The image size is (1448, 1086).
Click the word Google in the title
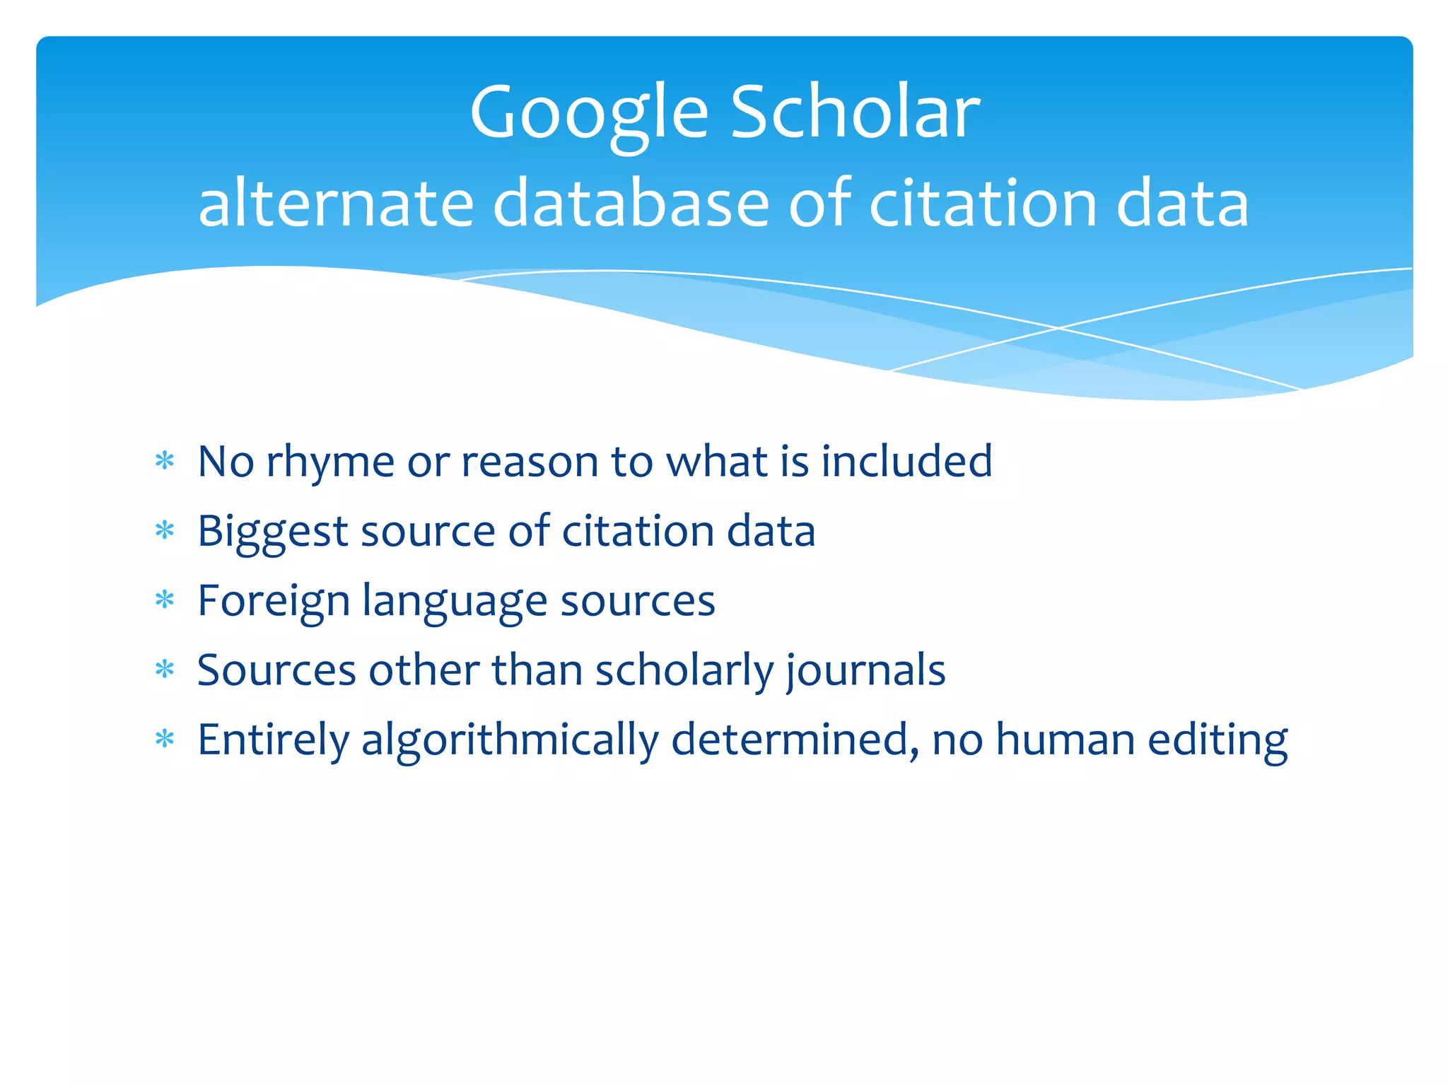588,113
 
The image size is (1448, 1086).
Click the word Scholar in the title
855,113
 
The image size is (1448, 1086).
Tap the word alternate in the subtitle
336,204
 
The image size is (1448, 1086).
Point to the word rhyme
329,463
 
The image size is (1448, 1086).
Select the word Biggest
272,532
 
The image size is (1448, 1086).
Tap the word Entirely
273,741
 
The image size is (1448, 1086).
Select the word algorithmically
510,741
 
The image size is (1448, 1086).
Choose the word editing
1218,741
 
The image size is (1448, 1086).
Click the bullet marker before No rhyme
165,462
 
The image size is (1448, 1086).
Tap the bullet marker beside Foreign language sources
165,600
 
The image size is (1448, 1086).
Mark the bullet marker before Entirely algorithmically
165,740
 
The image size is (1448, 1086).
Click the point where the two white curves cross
1058,328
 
